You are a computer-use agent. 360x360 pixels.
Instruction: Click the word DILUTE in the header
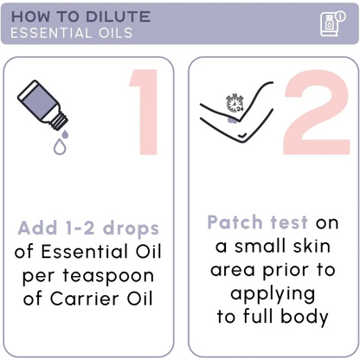tap(118, 16)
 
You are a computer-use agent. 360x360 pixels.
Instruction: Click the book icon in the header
tap(332, 23)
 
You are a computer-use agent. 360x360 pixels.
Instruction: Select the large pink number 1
tap(144, 112)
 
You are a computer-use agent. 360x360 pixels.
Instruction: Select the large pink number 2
tap(317, 112)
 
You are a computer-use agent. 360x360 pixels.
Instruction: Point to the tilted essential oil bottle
tap(42, 105)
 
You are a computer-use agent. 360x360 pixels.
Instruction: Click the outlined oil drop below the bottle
tap(60, 146)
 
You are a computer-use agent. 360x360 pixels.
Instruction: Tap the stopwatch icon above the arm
tap(235, 103)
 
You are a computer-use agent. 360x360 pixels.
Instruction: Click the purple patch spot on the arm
tap(233, 119)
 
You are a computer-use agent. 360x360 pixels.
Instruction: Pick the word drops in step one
tap(131, 228)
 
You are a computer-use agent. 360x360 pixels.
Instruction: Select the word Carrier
tap(85, 299)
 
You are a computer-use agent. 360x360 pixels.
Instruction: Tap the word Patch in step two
tap(235, 222)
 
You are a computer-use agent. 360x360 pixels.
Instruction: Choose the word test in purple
tap(289, 222)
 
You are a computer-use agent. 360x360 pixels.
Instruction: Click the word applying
tap(273, 294)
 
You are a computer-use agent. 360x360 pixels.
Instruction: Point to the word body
tap(305, 317)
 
